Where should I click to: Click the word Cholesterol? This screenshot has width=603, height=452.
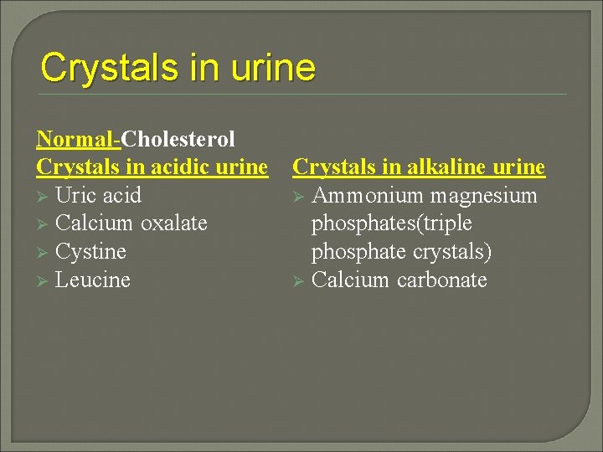point(178,139)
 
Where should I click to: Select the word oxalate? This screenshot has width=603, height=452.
point(173,223)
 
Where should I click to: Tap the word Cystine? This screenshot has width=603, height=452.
point(90,252)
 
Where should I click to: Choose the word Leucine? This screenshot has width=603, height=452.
point(92,280)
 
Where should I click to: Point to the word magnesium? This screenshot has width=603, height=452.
point(484,196)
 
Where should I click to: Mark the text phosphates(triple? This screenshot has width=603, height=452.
point(391,223)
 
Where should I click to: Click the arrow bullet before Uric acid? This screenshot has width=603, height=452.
point(43,197)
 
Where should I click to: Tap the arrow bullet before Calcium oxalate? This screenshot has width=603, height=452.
point(43,224)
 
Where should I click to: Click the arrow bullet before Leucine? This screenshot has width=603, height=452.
point(43,280)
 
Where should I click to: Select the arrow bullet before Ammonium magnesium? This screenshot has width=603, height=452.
point(299,197)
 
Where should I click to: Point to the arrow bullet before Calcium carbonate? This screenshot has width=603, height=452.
point(299,280)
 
